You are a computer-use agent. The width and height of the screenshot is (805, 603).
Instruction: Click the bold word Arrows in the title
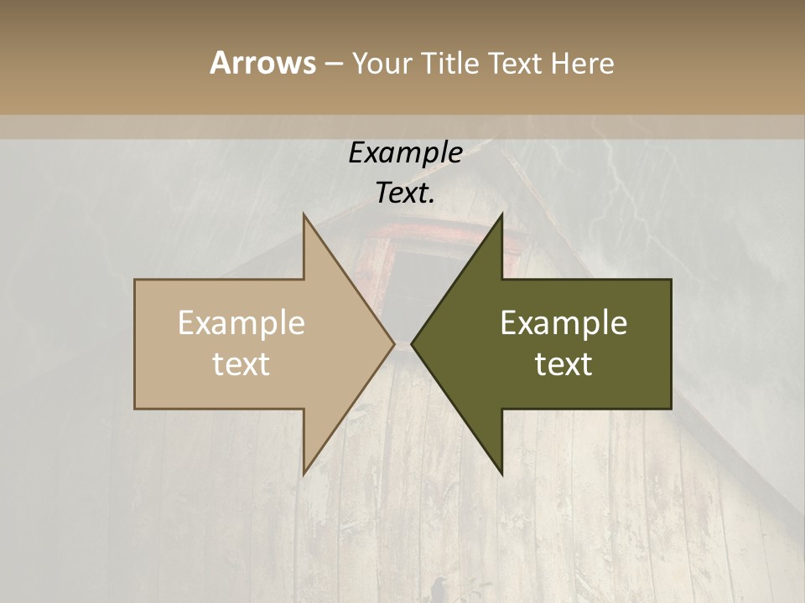(x=262, y=63)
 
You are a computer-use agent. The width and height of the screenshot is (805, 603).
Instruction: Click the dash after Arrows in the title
(x=333, y=64)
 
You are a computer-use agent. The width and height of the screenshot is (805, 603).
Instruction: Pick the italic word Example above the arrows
(x=405, y=152)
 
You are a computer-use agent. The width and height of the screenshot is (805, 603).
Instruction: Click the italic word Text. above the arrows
(x=405, y=193)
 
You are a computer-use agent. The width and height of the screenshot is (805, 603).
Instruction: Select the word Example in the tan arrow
(x=241, y=323)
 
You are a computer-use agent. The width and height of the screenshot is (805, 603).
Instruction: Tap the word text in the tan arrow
(x=241, y=364)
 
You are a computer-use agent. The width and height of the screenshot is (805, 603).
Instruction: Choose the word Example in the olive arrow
(x=563, y=323)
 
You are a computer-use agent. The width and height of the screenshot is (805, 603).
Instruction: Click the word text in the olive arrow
(x=563, y=364)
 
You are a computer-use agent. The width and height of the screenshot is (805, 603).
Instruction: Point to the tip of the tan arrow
(x=394, y=343)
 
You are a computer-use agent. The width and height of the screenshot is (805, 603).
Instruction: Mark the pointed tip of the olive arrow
(x=412, y=343)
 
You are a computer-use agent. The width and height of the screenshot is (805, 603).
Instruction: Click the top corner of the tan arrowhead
(x=304, y=215)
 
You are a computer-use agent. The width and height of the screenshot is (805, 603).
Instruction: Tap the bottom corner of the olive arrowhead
(x=501, y=473)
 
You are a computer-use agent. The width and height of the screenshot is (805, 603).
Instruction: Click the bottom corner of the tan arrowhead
(x=304, y=473)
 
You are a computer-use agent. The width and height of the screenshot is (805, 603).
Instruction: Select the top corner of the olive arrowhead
(x=501, y=215)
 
